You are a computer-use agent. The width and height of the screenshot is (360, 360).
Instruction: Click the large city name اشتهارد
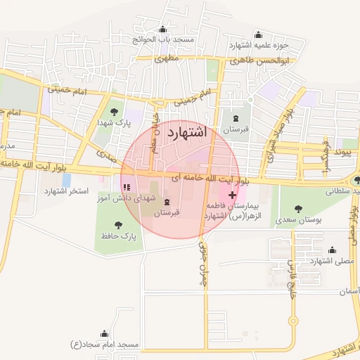pyautogui.click(x=187, y=131)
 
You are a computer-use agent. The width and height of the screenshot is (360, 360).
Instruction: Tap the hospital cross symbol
pyautogui.click(x=233, y=194)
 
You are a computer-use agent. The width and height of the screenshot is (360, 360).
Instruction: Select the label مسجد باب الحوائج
pyautogui.click(x=164, y=39)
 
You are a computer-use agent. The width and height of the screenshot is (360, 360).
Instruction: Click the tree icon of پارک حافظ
pyautogui.click(x=117, y=226)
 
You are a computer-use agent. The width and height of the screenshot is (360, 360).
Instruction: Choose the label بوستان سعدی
pyautogui.click(x=299, y=220)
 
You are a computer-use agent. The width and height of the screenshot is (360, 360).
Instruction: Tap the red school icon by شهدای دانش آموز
pyautogui.click(x=127, y=188)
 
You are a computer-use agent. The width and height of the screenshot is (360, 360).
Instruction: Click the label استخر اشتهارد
pyautogui.click(x=66, y=191)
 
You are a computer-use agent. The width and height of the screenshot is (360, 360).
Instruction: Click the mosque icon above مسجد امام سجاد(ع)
pyautogui.click(x=105, y=333)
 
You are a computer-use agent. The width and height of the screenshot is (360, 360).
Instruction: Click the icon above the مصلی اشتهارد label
pyautogui.click(x=332, y=249)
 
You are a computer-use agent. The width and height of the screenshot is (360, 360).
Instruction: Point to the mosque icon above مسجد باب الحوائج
pyautogui.click(x=164, y=29)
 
